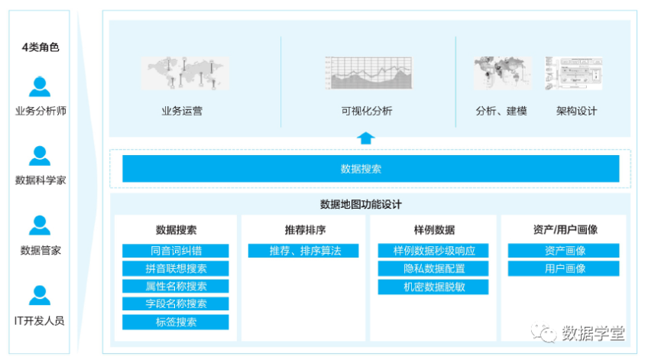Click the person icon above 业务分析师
pos(40,86)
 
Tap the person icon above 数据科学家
pos(40,156)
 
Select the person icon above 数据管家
pos(40,225)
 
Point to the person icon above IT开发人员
pos(40,295)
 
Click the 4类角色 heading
pos(40,47)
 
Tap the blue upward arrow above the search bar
pos(366,138)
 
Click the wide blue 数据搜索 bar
pos(371,169)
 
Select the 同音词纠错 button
pos(176,251)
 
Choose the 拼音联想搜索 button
pos(176,268)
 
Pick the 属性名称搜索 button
pos(176,286)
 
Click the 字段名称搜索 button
pos(176,303)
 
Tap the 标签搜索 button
pos(176,322)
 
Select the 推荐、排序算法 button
pos(303,251)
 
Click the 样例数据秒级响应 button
pos(433,251)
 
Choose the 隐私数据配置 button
pos(433,268)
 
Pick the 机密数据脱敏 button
pos(433,287)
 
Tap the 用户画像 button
pos(564,268)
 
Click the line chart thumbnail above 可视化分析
pos(368,73)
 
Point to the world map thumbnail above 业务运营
pos(185,73)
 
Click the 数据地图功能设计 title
pos(361,204)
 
